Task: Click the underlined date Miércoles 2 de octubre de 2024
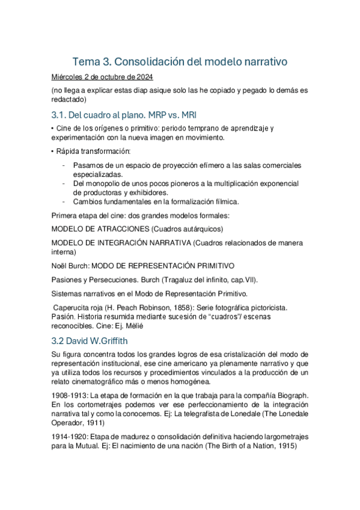pyautogui.click(x=102, y=77)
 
